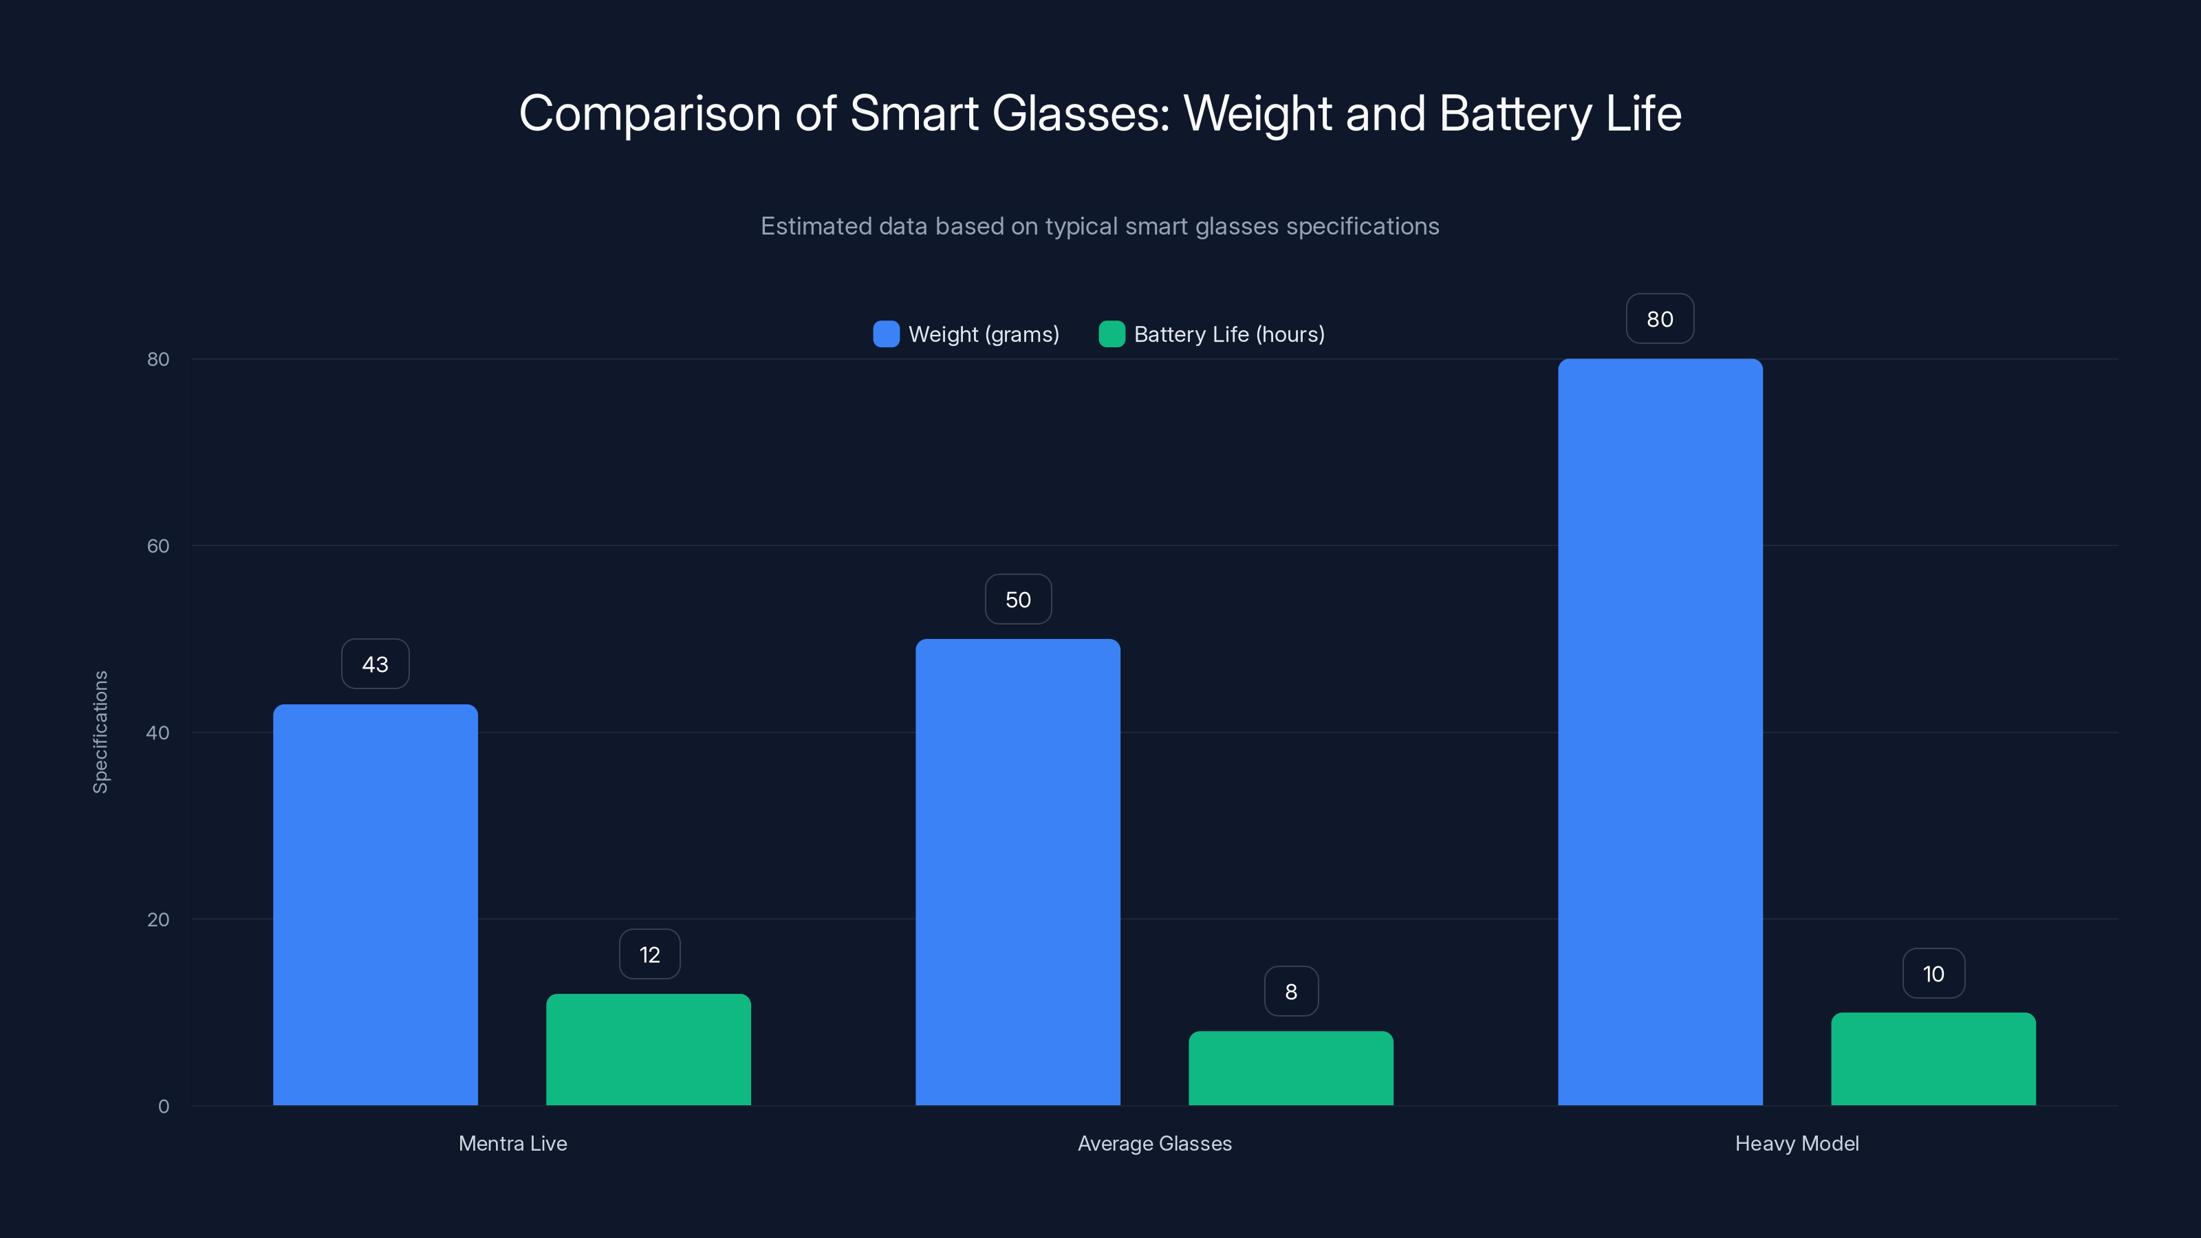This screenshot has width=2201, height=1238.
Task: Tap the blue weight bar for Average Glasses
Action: click(1018, 871)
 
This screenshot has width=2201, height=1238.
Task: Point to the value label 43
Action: click(375, 664)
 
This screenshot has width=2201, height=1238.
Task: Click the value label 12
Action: click(649, 955)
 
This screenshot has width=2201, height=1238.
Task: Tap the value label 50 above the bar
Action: click(1018, 599)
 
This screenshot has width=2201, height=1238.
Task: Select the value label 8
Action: click(1291, 991)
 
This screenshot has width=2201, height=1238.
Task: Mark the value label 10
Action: click(1933, 973)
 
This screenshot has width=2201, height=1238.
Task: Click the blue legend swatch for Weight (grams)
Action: click(886, 334)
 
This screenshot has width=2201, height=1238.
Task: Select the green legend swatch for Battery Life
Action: click(1111, 334)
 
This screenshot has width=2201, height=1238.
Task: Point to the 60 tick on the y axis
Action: click(158, 546)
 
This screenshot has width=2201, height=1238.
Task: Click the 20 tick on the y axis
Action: click(158, 920)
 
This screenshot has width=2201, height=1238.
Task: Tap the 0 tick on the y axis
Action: click(163, 1107)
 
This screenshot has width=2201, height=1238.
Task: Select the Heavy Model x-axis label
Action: click(1796, 1143)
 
